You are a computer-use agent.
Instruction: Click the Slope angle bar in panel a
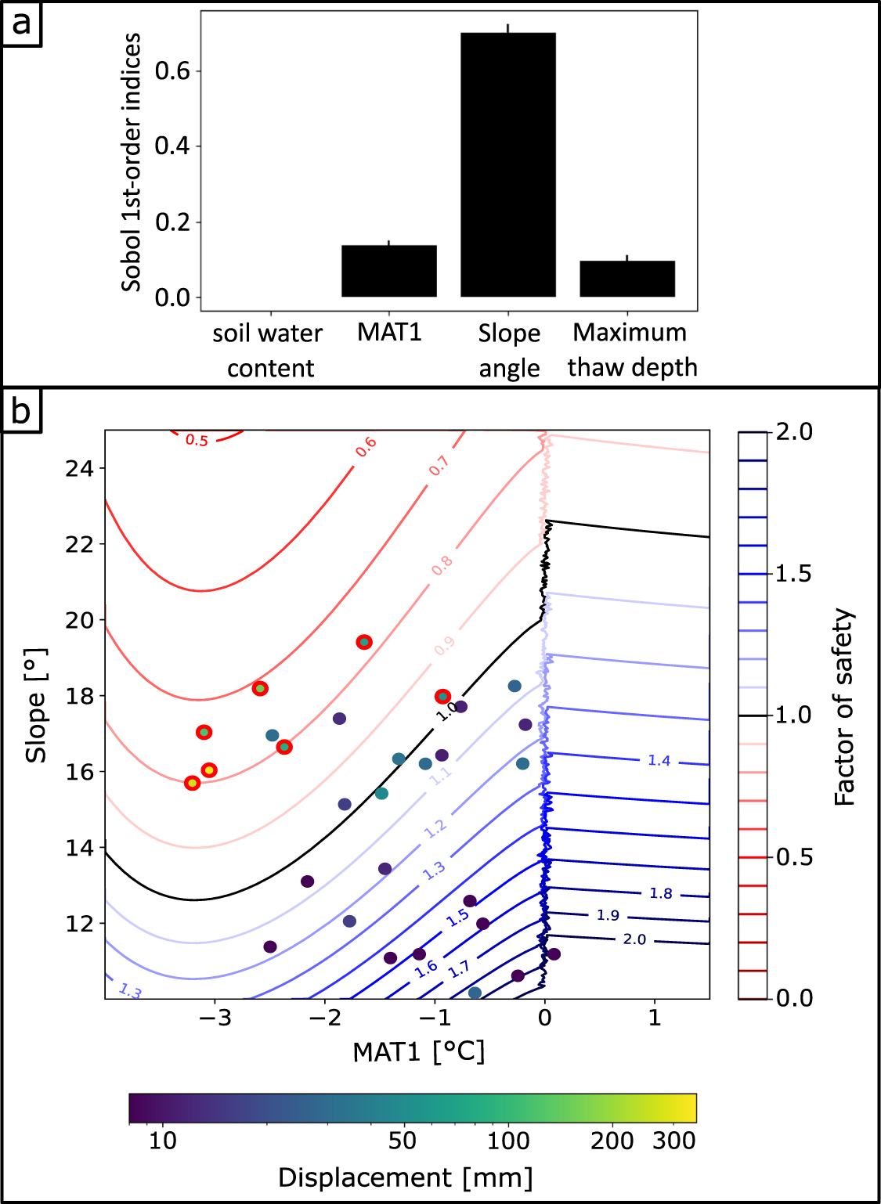507,164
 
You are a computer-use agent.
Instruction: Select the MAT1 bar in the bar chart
388,271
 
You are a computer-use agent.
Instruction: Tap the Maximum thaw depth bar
626,279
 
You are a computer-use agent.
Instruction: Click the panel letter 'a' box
21,23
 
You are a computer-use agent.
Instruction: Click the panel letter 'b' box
21,409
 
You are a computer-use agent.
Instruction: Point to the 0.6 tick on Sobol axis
172,71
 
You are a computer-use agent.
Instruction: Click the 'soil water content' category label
269,350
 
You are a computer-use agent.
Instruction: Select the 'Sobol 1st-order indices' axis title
131,162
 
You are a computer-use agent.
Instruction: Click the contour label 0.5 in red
197,440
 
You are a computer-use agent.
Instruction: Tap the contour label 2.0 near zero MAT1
634,939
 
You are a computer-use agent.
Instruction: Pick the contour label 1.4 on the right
659,761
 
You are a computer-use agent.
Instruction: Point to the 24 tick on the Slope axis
79,468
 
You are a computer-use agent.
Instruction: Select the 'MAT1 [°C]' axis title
418,1051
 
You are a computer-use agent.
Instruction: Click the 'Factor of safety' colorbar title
844,707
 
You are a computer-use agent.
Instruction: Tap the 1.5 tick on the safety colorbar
793,574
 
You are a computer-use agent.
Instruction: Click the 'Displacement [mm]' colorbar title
405,1177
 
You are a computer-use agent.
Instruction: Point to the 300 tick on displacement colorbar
673,1141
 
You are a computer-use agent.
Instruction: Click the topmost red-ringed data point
363,642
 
